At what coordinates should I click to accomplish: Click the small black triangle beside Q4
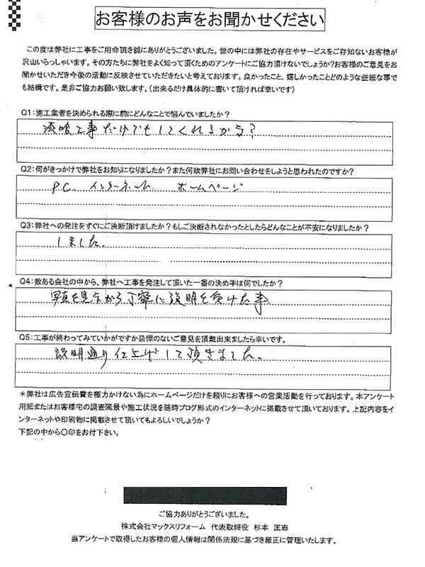8,284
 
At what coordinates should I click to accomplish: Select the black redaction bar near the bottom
205,495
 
